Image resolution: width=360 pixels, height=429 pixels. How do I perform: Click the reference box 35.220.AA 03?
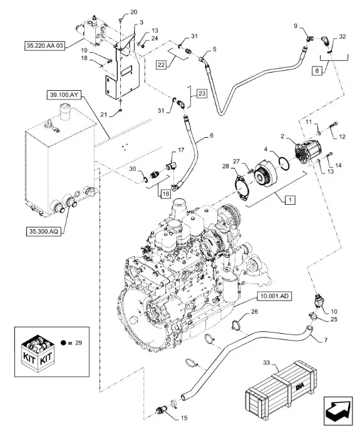(45, 46)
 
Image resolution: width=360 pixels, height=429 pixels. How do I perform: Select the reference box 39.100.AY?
(64, 95)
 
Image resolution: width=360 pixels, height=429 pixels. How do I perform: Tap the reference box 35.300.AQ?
(44, 232)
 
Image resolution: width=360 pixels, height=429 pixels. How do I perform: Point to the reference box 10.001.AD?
(274, 296)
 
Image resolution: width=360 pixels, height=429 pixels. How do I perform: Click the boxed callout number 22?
(162, 65)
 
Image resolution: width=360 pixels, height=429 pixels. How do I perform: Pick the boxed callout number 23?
(202, 93)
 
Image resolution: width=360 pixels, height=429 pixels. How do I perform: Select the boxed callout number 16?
(165, 194)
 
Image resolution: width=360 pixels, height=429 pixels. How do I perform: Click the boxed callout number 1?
(290, 200)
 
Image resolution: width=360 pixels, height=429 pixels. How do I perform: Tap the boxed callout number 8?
(317, 71)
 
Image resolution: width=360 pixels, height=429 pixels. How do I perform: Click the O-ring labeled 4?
(284, 163)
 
